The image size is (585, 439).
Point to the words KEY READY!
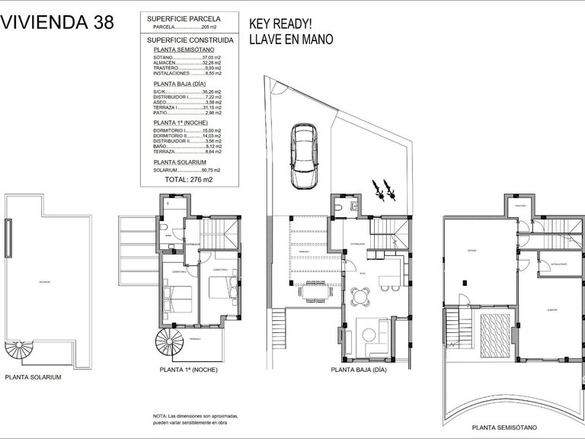tap(281, 23)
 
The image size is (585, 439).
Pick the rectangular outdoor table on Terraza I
tap(314, 290)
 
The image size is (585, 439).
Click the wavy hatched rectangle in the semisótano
tap(495, 333)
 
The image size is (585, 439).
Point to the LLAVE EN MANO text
tap(292, 40)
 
